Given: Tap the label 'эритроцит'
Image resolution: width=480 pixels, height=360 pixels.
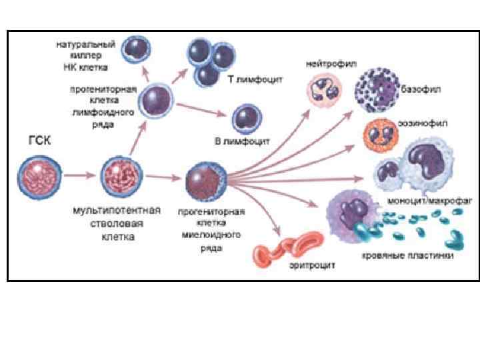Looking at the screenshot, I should click(312, 265).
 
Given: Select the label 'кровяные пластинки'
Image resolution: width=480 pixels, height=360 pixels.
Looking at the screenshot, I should click(407, 255).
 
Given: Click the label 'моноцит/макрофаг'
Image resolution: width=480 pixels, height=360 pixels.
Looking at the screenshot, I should click(419, 200).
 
